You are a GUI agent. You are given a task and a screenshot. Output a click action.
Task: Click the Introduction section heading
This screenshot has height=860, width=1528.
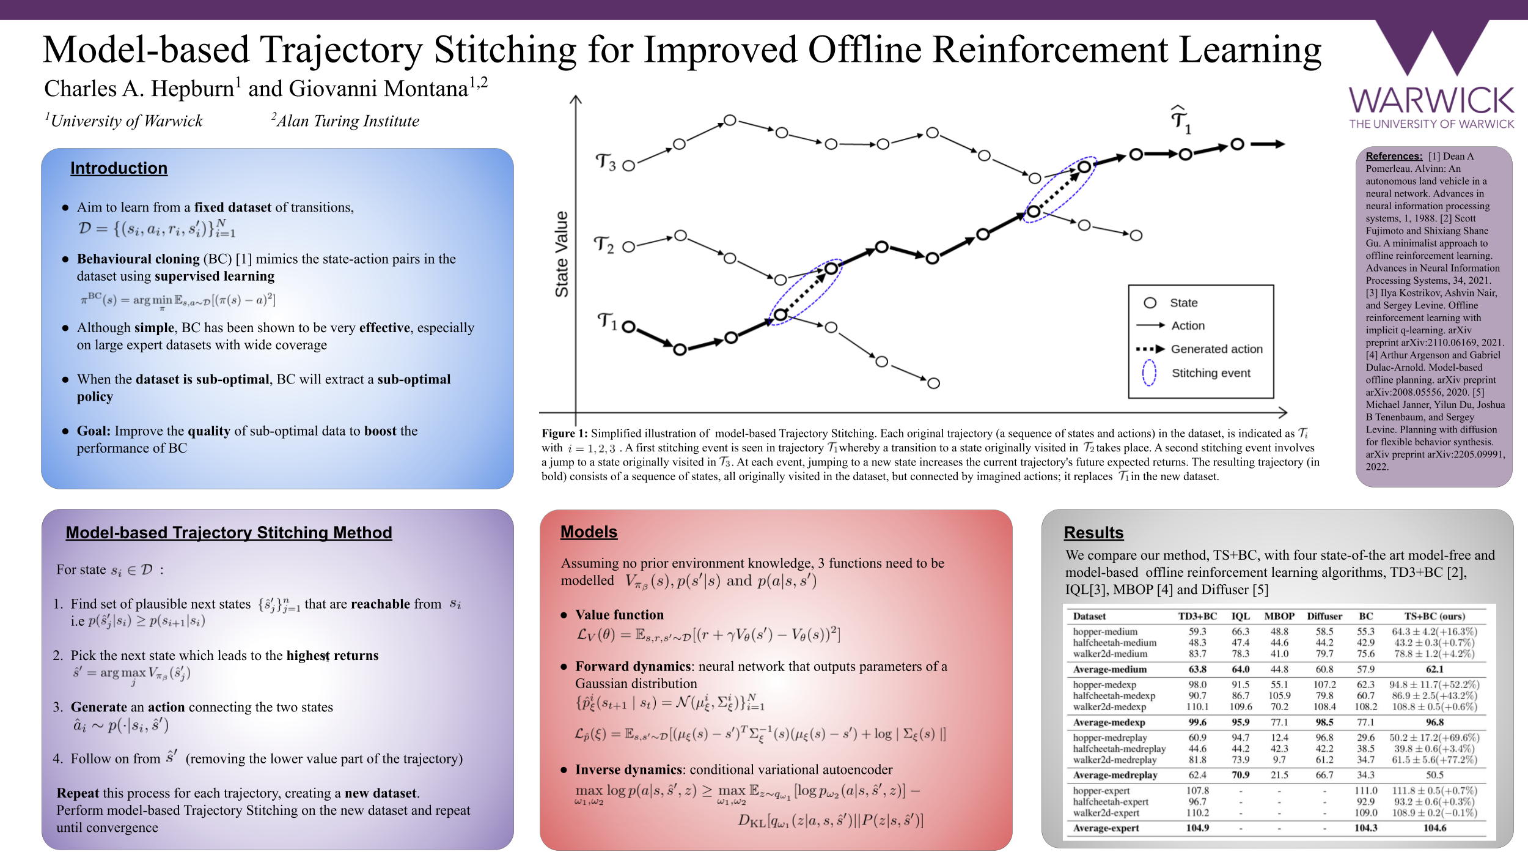(x=119, y=168)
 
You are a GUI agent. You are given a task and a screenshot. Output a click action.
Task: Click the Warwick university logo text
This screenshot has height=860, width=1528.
(x=1431, y=102)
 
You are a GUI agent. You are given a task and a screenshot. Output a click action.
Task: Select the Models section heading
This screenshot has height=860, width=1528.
(x=589, y=532)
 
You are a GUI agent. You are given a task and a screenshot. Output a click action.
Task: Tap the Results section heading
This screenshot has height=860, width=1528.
(x=1093, y=533)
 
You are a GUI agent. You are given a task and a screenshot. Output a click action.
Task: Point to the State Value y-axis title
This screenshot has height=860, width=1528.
(x=562, y=254)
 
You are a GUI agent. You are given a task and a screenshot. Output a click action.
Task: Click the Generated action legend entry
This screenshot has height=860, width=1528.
(x=1216, y=349)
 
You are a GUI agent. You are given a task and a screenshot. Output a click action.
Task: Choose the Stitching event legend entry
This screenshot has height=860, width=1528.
(x=1210, y=373)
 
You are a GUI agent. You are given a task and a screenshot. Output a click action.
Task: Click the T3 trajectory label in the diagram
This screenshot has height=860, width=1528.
(x=606, y=162)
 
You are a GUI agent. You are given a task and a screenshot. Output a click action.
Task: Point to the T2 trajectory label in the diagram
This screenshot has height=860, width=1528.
(x=604, y=245)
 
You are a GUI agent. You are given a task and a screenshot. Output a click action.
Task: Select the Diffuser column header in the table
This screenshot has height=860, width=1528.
(x=1324, y=617)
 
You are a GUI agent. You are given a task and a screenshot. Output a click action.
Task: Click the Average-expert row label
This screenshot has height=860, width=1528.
(x=1106, y=828)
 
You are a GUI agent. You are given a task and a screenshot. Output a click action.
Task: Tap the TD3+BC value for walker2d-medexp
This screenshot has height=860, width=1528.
(x=1197, y=707)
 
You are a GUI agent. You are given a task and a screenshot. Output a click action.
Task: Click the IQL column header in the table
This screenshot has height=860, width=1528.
(x=1240, y=617)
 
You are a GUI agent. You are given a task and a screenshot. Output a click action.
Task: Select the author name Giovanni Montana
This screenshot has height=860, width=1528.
(x=378, y=89)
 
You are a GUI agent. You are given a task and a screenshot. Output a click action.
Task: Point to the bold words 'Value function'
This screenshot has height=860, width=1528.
(x=619, y=615)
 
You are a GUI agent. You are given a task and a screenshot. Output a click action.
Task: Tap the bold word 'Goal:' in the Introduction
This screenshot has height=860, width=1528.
(x=94, y=431)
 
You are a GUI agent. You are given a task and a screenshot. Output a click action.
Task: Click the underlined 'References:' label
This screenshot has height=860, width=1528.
(x=1394, y=157)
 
